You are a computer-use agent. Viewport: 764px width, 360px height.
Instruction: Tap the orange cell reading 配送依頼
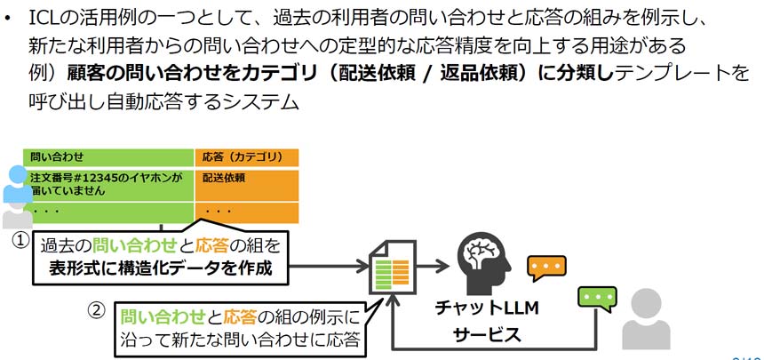pos(224,178)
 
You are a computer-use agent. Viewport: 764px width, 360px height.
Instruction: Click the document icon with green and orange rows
pos(392,264)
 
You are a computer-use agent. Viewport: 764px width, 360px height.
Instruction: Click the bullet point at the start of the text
pos(10,18)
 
